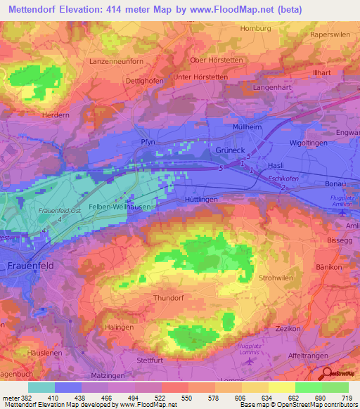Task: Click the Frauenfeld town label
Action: pyautogui.click(x=31, y=266)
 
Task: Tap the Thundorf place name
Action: pyautogui.click(x=169, y=298)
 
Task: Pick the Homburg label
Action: pyautogui.click(x=255, y=28)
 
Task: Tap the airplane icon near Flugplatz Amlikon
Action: pyautogui.click(x=342, y=212)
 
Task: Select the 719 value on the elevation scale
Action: pyautogui.click(x=345, y=398)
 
